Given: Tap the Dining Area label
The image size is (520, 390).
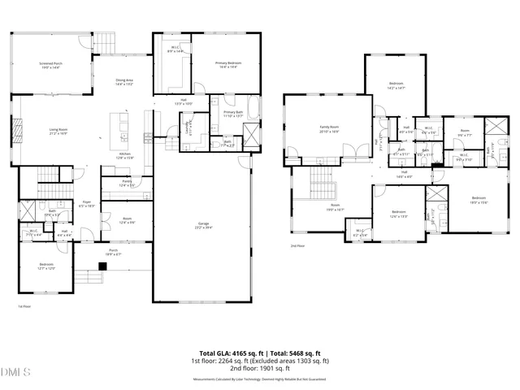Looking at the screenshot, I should tap(125, 72).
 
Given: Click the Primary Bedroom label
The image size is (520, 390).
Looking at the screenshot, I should tap(230, 64).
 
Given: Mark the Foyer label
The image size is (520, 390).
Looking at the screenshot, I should tap(87, 204).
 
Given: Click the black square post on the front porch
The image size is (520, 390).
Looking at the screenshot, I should tap(103, 266).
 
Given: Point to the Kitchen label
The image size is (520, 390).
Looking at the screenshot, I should tap(126, 155).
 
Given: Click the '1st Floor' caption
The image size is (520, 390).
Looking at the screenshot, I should tap(24, 306).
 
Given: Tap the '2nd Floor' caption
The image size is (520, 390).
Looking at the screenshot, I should tap(298, 245).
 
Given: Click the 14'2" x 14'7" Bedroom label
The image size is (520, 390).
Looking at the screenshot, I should tap(396, 85).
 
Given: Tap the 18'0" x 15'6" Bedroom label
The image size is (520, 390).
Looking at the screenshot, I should tap(479, 200).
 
